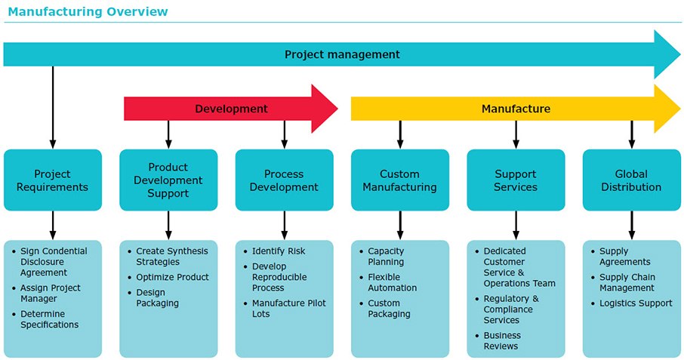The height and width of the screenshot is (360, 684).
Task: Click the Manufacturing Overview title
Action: pos(88,12)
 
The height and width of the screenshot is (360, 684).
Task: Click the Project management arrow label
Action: pos(342,54)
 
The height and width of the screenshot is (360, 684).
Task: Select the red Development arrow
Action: pos(231,109)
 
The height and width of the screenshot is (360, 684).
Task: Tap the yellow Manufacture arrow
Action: pos(516,109)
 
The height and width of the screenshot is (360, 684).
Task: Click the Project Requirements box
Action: pos(52,180)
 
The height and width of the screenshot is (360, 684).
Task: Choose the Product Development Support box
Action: pos(168,180)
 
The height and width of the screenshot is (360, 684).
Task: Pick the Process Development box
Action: pos(284,180)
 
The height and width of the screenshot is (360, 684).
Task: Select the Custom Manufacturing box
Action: pos(400,180)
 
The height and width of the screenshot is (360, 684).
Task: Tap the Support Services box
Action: pos(516,180)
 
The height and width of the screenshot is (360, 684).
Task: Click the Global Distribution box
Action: pos(631,180)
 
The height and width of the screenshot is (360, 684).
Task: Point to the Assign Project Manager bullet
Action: pos(50,293)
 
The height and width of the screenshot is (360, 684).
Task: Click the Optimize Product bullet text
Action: pos(172,277)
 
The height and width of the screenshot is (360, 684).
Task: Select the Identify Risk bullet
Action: pos(279,251)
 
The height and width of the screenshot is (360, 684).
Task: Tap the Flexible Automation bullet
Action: pos(392,282)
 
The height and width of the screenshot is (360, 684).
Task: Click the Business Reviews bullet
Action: pos(502,340)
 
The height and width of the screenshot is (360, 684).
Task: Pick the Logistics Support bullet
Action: pos(636,303)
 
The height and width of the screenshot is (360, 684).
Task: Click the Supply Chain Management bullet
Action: pos(627,282)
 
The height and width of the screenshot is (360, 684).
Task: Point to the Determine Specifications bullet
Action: pos(49,319)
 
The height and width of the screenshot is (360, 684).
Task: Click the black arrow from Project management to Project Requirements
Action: pos(53,106)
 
